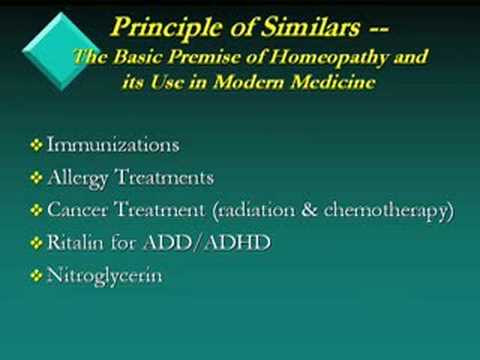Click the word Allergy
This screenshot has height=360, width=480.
78,178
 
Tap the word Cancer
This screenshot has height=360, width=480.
77,210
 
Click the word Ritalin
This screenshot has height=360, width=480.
76,242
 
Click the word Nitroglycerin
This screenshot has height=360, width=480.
104,275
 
